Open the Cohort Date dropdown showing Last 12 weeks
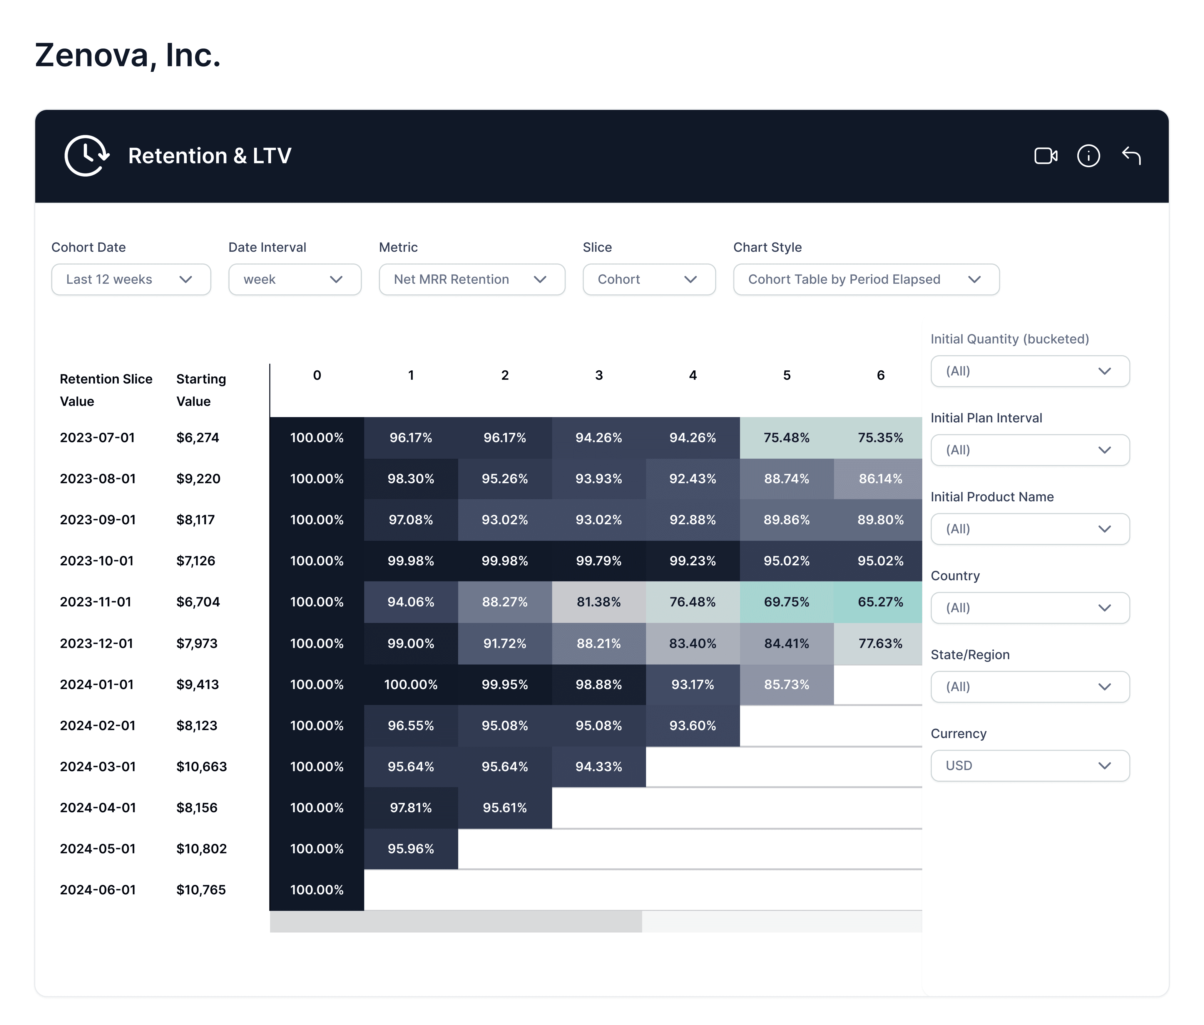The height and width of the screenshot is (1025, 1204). (x=131, y=279)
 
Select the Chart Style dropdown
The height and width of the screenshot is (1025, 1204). (x=865, y=279)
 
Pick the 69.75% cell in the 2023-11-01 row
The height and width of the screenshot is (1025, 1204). (x=786, y=602)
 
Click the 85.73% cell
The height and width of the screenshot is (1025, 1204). (x=786, y=684)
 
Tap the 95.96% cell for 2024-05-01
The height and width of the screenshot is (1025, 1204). (x=411, y=848)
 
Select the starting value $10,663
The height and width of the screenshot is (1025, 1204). (x=201, y=767)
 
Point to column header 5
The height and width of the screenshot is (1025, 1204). (x=786, y=375)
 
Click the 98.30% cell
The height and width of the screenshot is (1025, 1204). (x=411, y=478)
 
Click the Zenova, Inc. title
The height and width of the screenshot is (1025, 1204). (x=128, y=55)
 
